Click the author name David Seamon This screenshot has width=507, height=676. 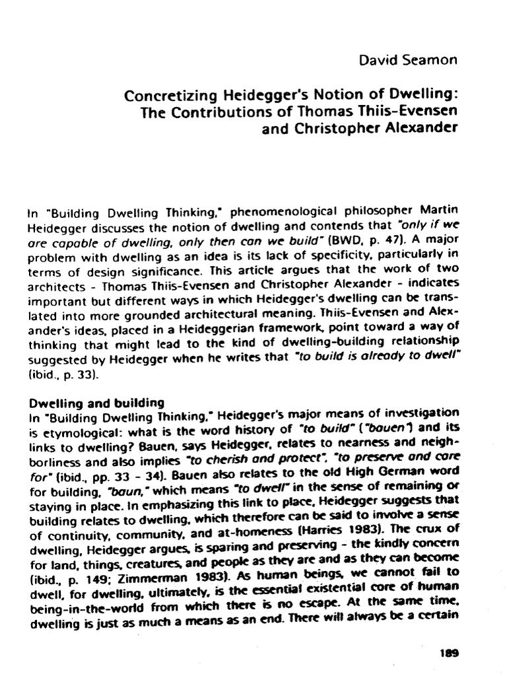point(408,61)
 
